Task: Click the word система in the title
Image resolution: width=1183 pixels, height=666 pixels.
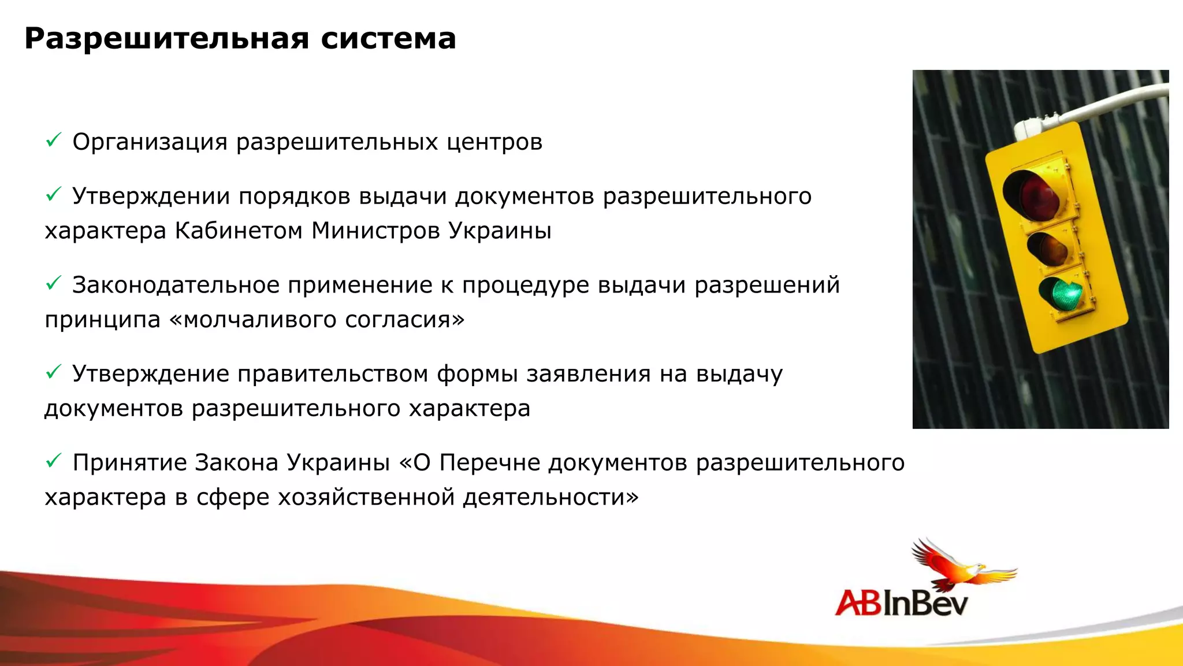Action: click(388, 39)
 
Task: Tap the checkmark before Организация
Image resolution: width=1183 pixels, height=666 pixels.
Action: click(53, 140)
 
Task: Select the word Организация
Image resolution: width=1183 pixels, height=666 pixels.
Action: click(150, 142)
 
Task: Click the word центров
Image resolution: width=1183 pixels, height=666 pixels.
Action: click(494, 142)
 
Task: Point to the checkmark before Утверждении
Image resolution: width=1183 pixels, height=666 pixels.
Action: click(53, 195)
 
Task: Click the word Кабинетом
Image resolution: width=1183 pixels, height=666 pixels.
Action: click(239, 231)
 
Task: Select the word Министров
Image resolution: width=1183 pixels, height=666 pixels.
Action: click(375, 231)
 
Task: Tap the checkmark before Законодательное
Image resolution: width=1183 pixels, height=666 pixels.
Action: click(53, 283)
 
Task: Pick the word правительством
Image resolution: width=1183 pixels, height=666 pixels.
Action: click(333, 374)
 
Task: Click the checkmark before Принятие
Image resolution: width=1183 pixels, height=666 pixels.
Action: click(53, 461)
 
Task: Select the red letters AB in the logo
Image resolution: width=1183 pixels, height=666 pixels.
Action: click(858, 603)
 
